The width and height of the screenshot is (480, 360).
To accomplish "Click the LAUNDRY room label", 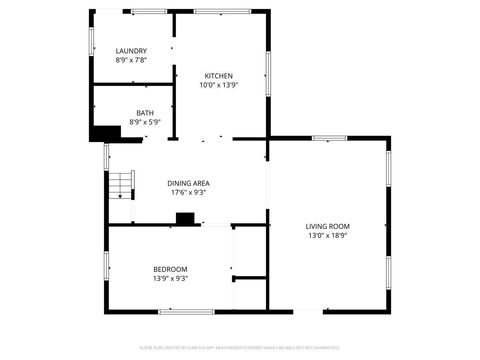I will click(131, 51).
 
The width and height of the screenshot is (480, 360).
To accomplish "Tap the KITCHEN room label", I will click(219, 76).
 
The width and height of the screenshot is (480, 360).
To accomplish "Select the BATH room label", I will click(145, 113).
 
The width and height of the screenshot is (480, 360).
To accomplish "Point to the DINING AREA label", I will click(188, 183).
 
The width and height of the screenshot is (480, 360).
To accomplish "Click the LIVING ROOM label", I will click(328, 226).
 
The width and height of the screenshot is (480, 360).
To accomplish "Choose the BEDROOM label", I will click(170, 269).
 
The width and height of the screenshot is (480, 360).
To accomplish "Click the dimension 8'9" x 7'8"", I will click(131, 60).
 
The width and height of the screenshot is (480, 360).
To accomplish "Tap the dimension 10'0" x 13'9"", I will click(219, 85).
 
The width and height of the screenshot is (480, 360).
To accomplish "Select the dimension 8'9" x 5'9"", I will click(145, 122).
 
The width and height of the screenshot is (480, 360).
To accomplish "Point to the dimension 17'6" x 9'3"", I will click(188, 192).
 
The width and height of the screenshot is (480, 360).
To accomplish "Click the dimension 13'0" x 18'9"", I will click(328, 236).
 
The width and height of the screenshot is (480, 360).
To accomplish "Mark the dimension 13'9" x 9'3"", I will click(170, 278).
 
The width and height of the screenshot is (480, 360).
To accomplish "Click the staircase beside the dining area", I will click(121, 184).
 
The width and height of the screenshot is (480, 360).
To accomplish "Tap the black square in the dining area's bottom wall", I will click(184, 219).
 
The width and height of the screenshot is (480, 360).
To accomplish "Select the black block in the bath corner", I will click(102, 132).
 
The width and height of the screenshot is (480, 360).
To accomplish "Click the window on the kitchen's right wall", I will click(268, 72).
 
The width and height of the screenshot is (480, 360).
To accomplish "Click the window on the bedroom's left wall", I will click(107, 264).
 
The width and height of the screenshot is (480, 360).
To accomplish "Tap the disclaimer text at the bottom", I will click(239, 347).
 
